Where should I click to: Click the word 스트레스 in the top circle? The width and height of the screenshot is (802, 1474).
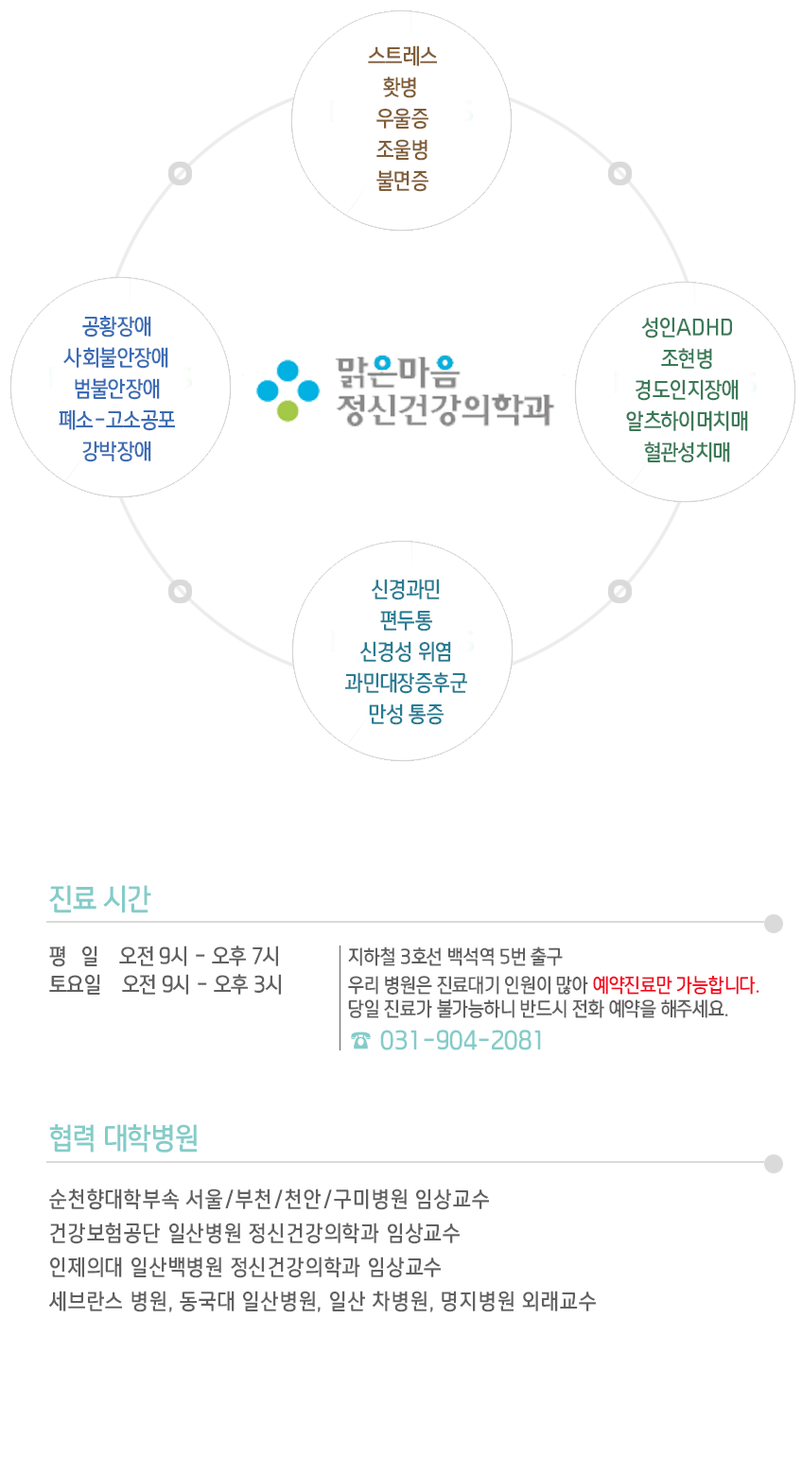(x=402, y=55)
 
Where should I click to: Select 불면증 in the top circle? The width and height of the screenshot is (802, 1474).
(x=402, y=180)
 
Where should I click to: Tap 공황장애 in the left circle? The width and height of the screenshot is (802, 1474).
(x=116, y=326)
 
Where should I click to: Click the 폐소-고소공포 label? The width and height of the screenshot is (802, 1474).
(x=116, y=419)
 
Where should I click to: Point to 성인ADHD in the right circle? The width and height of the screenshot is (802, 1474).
(x=687, y=327)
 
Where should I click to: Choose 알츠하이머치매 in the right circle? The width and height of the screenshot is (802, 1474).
(x=687, y=421)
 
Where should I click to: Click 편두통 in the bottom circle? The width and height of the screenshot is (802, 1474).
(x=406, y=620)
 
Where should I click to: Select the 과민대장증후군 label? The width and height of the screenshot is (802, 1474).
(x=406, y=683)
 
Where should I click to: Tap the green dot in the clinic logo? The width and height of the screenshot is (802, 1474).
(x=288, y=411)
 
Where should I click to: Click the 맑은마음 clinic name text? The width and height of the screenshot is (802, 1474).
(x=398, y=373)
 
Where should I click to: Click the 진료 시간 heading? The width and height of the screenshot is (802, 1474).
(x=100, y=899)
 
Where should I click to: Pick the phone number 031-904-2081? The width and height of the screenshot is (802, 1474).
(x=461, y=1040)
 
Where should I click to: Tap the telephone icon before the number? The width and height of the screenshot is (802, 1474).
(x=360, y=1040)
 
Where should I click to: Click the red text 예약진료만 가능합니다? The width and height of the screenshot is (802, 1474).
(x=675, y=985)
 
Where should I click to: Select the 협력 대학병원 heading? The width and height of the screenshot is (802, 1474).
(x=124, y=1137)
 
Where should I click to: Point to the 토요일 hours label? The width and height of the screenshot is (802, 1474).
(x=75, y=984)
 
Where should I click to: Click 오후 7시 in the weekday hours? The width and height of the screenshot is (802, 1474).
(x=245, y=956)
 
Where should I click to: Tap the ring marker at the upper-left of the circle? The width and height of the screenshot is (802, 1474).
(x=180, y=174)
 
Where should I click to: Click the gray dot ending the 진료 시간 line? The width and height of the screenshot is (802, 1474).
(x=774, y=924)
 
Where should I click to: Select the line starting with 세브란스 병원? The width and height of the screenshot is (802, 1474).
(x=323, y=1301)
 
